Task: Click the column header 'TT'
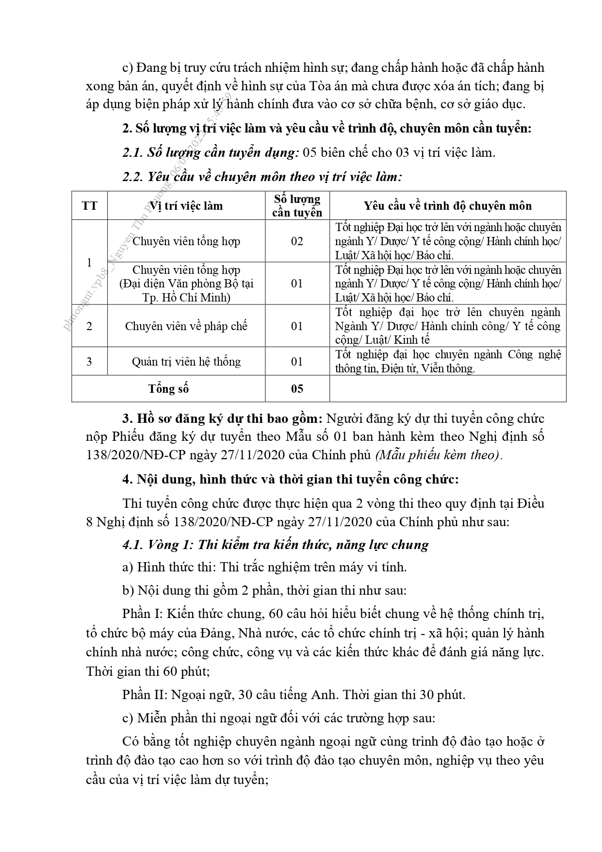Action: (89, 205)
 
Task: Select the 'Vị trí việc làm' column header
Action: (186, 205)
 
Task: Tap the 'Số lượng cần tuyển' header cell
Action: (297, 205)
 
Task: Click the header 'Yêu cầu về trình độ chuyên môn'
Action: (447, 205)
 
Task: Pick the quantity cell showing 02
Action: (297, 241)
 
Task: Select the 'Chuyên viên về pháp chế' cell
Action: (186, 326)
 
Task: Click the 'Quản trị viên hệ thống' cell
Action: (186, 361)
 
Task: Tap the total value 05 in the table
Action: (297, 388)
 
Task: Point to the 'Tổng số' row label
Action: (168, 388)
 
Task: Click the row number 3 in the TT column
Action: (89, 361)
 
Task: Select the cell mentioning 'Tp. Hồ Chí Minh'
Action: (186, 284)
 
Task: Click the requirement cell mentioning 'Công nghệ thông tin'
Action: (447, 361)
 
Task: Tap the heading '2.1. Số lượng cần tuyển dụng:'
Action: (210, 152)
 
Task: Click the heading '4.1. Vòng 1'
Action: (275, 544)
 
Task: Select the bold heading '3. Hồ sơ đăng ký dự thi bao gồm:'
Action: (223, 418)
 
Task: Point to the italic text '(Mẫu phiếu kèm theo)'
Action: (438, 455)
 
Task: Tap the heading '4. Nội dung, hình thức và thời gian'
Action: (290, 479)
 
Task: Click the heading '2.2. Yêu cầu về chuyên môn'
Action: (262, 176)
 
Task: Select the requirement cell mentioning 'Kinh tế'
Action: (447, 326)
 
